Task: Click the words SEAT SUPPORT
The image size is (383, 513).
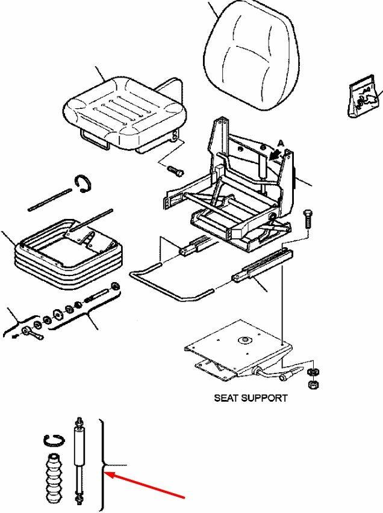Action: click(x=251, y=398)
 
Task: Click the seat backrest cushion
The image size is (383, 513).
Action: click(x=255, y=57)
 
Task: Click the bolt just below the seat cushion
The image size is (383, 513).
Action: click(x=175, y=170)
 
